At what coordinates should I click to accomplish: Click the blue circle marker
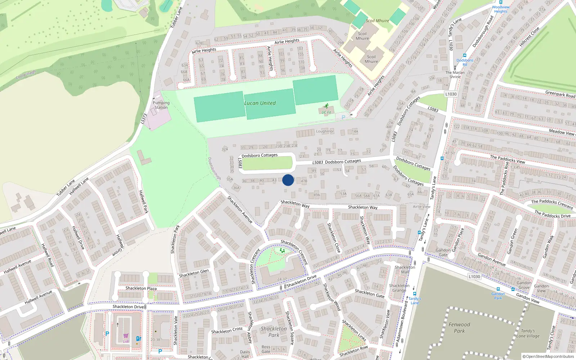288,180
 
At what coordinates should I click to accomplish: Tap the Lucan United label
260,103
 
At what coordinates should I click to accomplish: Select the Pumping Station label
161,105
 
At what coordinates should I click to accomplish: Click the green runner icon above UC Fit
326,106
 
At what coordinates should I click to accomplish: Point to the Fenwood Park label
459,328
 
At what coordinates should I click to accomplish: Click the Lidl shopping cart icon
126,336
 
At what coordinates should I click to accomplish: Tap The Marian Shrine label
455,75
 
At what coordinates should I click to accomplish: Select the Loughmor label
325,131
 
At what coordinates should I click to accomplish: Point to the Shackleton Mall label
405,269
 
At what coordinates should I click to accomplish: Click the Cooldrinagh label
26,75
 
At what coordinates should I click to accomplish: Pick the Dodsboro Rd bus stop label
465,62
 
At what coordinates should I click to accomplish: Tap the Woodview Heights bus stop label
501,9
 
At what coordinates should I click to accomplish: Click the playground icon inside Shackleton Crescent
282,250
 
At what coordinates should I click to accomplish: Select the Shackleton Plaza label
141,288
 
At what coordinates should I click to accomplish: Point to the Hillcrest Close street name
529,37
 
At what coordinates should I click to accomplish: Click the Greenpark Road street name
560,94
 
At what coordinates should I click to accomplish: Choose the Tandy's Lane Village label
528,333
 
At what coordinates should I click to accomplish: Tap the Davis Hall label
245,354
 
